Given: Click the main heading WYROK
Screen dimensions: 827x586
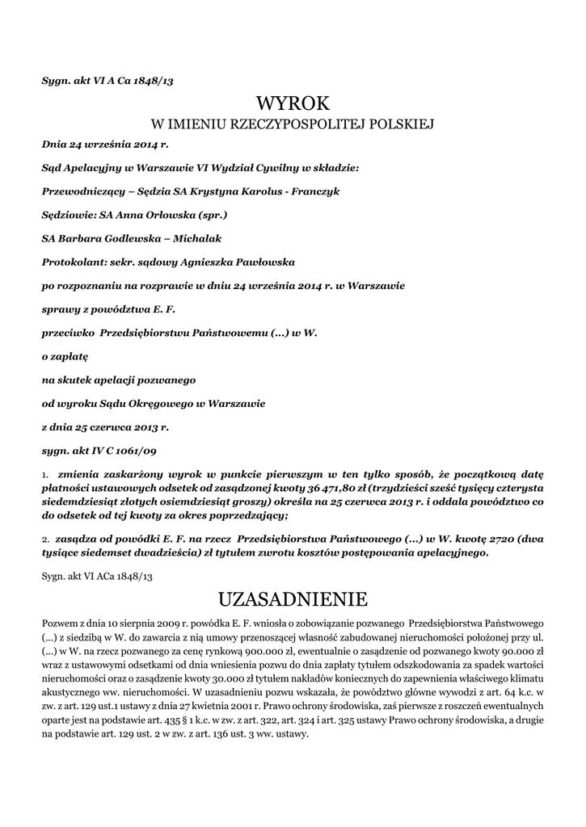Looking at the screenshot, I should pyautogui.click(x=293, y=104).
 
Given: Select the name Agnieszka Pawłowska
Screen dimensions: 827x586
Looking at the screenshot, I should pyautogui.click(x=241, y=262).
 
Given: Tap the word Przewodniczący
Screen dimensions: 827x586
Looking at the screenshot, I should pyautogui.click(x=82, y=191).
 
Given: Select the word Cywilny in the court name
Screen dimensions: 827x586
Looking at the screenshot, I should pyautogui.click(x=276, y=168).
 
